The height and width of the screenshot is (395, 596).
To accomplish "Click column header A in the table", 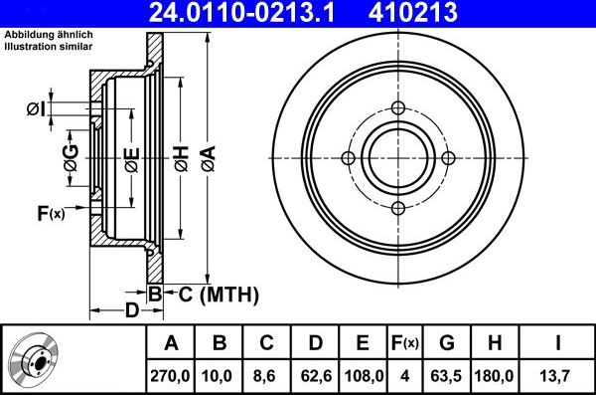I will coord(172,343).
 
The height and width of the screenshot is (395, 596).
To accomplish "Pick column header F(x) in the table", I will coord(403,343).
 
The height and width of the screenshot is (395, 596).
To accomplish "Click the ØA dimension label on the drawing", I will coord(208,156).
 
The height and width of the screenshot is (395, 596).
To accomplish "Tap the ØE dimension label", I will coord(131,158).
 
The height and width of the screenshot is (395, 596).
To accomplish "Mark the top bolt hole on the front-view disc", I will coord(397,109).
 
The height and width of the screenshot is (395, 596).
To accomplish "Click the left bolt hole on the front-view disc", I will coord(348,158).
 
